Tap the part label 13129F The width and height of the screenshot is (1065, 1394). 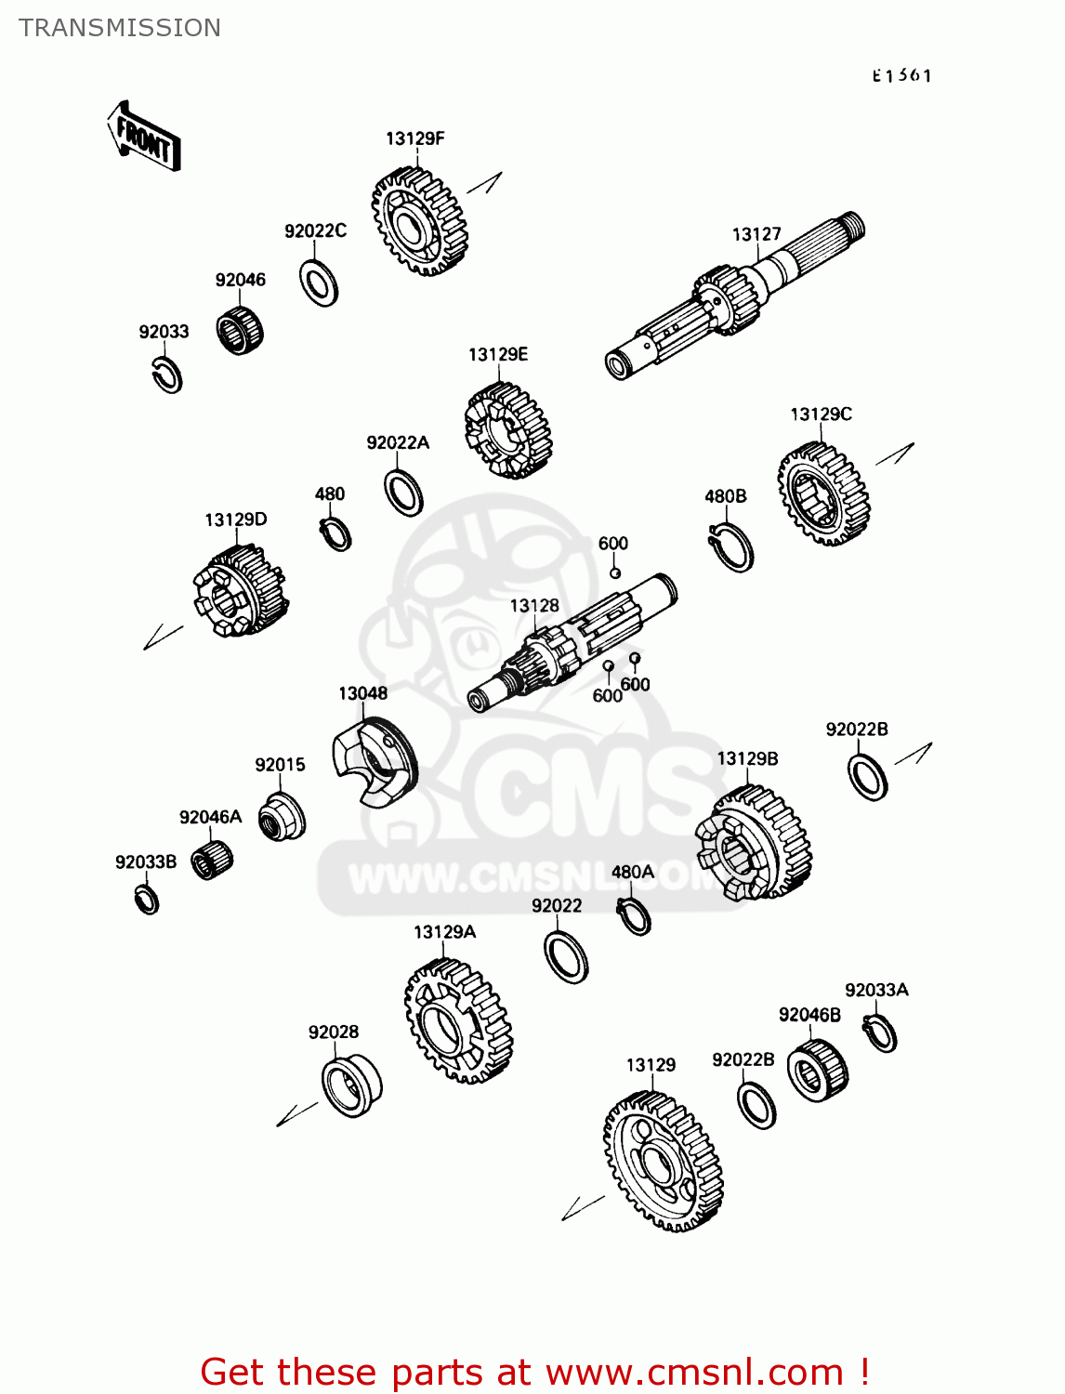(415, 139)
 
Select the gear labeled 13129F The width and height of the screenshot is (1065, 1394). (420, 221)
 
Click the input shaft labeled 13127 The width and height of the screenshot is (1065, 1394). (735, 295)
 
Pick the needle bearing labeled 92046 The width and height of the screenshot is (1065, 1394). (240, 329)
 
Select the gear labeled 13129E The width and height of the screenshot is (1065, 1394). (508, 430)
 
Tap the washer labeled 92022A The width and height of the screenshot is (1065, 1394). (403, 493)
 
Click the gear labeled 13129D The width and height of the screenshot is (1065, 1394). (240, 590)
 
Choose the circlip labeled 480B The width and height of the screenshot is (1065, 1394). (731, 547)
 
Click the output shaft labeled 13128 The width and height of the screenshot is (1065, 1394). (572, 643)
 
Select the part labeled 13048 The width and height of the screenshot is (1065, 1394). (375, 761)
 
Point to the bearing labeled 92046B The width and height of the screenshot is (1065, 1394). (817, 1070)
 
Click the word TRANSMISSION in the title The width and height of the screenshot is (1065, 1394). (120, 28)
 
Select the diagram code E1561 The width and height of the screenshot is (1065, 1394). (901, 76)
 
